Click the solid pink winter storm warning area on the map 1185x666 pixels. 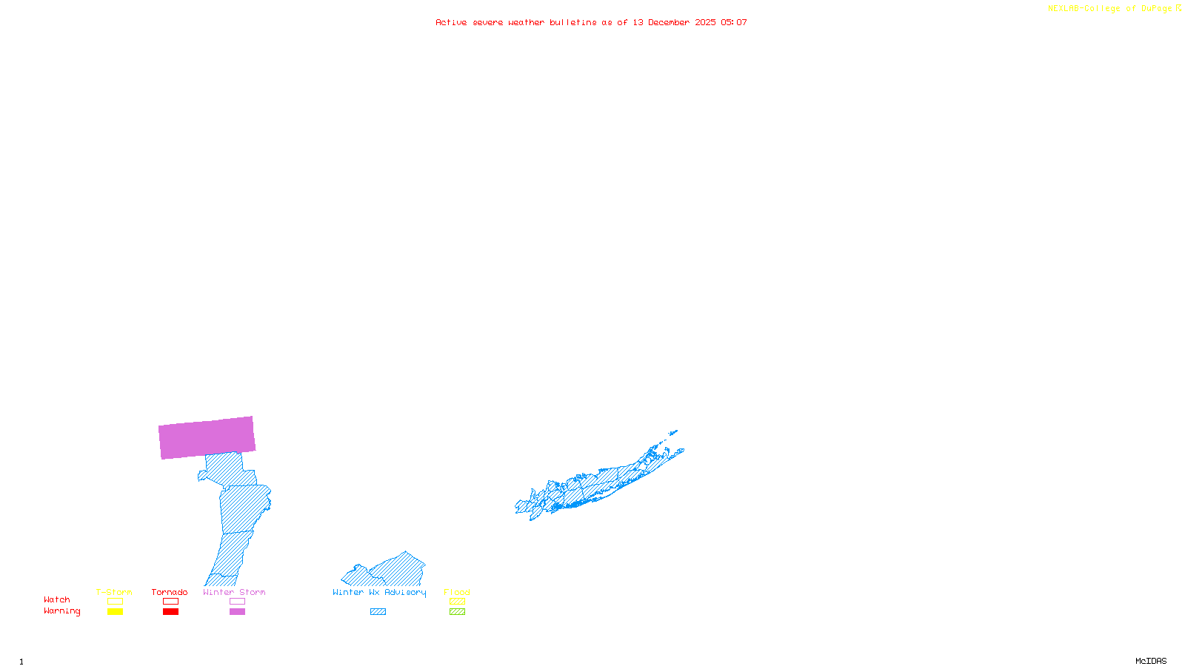[207, 437]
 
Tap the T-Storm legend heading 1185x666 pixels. [114, 592]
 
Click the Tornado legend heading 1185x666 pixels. [170, 592]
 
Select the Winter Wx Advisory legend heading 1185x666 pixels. [379, 592]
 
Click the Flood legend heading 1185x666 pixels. [457, 592]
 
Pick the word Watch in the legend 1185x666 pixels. [57, 599]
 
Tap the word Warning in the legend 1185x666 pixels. [62, 611]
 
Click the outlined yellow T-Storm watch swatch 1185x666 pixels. [115, 602]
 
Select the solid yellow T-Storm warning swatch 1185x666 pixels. [115, 612]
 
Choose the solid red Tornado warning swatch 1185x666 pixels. [170, 612]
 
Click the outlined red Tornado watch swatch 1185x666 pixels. [170, 602]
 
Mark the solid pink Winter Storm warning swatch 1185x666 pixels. [237, 612]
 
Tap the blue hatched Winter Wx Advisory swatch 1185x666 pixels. [378, 612]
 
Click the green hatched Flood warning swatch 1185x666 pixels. [457, 612]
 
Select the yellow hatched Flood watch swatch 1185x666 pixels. [457, 602]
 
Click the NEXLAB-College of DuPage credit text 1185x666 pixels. [1110, 9]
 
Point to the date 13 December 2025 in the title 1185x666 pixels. [674, 22]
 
